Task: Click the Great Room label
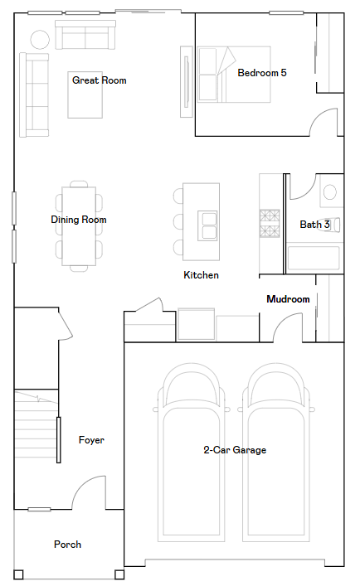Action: click(99, 80)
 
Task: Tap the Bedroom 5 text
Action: click(262, 73)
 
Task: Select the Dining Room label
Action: click(79, 220)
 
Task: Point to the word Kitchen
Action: click(201, 275)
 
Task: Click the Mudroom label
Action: click(288, 299)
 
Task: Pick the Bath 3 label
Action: click(314, 225)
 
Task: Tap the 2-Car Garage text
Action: click(235, 449)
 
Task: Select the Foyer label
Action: click(91, 440)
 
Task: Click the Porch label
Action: click(67, 544)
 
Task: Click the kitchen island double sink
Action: click(207, 225)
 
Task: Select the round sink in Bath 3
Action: click(329, 192)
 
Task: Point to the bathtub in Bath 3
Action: click(314, 258)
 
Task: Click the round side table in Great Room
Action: click(40, 40)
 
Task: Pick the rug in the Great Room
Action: click(85, 95)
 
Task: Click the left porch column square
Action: click(18, 574)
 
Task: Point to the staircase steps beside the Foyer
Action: click(36, 424)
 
